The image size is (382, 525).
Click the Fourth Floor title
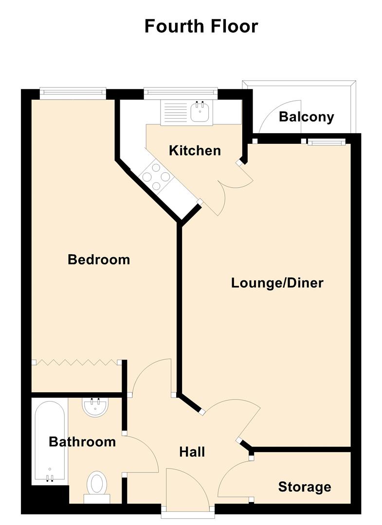click(x=201, y=26)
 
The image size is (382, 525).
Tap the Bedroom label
click(x=99, y=260)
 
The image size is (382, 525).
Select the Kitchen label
click(x=195, y=151)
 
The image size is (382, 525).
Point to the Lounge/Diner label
click(x=277, y=283)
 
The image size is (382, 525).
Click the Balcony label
click(x=306, y=117)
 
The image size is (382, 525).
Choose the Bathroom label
click(x=82, y=441)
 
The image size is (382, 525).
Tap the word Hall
click(x=192, y=452)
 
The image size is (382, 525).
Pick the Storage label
click(x=305, y=487)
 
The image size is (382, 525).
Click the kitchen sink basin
click(x=200, y=111)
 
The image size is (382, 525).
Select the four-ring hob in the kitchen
click(x=156, y=176)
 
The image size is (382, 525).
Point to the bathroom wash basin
click(x=95, y=407)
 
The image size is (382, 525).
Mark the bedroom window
click(x=73, y=94)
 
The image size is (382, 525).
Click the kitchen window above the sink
click(x=181, y=94)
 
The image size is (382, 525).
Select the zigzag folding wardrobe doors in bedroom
click(x=77, y=362)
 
